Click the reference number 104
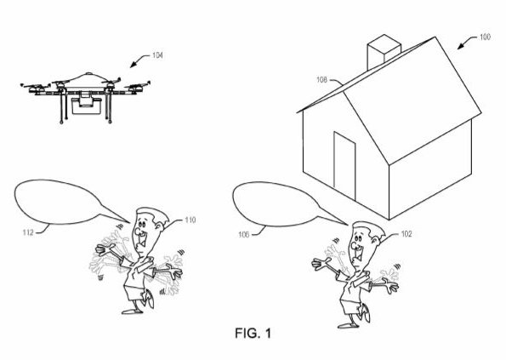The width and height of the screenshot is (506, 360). click(x=157, y=55)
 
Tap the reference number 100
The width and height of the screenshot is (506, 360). click(x=485, y=37)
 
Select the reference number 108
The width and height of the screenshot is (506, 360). click(x=321, y=79)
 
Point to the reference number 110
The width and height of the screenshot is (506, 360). click(x=190, y=220)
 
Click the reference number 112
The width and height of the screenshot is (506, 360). click(x=28, y=232)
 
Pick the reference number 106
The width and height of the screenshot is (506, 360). click(x=243, y=234)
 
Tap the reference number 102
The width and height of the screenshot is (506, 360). click(x=407, y=234)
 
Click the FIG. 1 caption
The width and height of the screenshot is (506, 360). click(x=253, y=333)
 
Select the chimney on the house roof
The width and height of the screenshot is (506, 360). click(x=384, y=52)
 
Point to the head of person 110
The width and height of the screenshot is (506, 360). click(x=148, y=230)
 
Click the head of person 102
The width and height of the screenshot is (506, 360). click(x=366, y=243)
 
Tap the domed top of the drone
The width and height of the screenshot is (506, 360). click(x=88, y=78)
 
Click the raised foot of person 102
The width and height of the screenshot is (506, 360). click(x=365, y=312)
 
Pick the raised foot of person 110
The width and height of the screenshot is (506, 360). click(x=150, y=298)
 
